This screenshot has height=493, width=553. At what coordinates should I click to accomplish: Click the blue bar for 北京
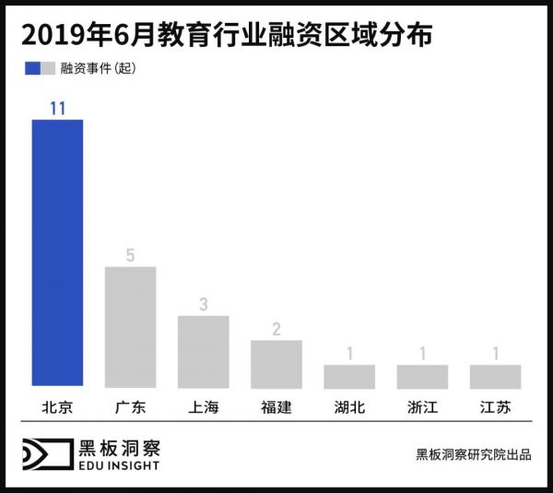tap(57, 253)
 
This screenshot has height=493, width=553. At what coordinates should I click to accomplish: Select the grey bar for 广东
tap(130, 327)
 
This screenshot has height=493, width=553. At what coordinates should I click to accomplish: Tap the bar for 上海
tap(203, 352)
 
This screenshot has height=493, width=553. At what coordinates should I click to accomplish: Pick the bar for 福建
tap(276, 364)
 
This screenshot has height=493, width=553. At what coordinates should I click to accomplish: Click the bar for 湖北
tap(349, 376)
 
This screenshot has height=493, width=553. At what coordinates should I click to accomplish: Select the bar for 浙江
tap(422, 376)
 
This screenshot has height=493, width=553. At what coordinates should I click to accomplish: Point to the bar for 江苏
tap(495, 376)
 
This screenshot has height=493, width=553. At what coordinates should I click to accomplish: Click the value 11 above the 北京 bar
tap(57, 108)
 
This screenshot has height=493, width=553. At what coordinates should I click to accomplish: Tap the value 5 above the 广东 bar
tap(130, 255)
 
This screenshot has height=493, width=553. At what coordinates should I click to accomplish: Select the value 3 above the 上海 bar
tap(203, 304)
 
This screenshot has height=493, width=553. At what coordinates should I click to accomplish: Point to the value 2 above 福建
tap(276, 328)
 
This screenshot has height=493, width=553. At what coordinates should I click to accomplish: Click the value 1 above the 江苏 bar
tap(495, 353)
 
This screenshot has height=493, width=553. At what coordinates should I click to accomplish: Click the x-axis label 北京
tap(57, 407)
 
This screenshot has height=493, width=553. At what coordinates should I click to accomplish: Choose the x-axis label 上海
tap(203, 407)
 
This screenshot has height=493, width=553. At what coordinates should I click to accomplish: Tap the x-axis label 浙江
tap(422, 407)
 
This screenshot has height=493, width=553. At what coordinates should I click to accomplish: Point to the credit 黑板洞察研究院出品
tap(473, 454)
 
